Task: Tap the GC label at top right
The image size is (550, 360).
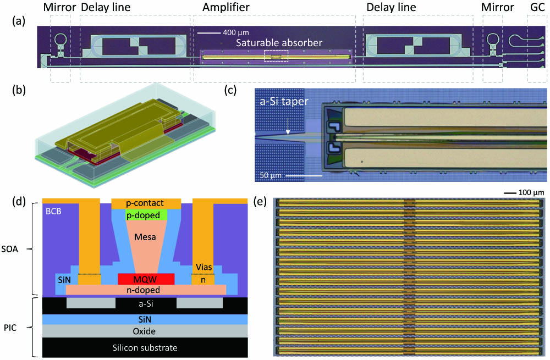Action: pyautogui.click(x=537, y=8)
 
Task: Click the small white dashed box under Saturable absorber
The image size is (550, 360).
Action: pyautogui.click(x=276, y=56)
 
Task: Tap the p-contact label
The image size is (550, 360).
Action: pyautogui.click(x=146, y=203)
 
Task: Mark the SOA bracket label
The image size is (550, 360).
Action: pyautogui.click(x=17, y=248)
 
